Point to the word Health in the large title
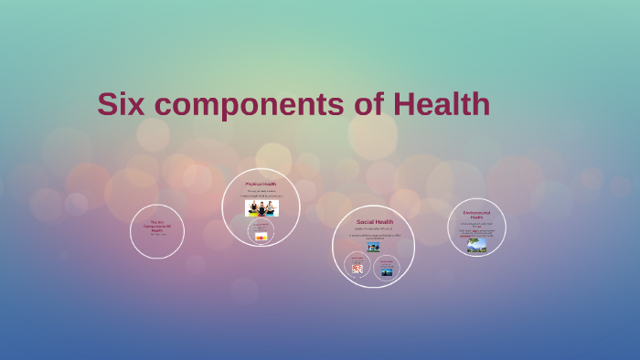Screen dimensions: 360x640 pos(442,104)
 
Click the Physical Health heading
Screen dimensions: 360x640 pos(261,184)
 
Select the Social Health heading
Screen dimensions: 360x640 pos(374,222)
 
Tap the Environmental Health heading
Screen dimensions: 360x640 pos(476,215)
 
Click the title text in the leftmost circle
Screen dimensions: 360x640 pos(156,226)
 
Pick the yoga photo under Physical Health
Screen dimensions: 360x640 pos(261,208)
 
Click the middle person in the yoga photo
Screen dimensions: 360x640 pos(261,208)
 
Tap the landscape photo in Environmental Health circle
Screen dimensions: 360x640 pos(476,245)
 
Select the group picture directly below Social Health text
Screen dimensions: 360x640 pos(373,247)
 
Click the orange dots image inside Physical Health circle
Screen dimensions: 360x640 pos(261,238)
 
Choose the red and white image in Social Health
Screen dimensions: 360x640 pos(357,269)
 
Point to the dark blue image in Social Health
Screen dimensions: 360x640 pos(387,271)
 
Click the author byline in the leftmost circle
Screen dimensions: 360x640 pos(156,235)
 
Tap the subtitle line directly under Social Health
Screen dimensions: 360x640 pos(373,228)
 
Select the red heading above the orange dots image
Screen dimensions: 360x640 pos(261,225)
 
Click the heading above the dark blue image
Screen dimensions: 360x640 pos(387,261)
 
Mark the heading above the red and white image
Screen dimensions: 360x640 pos(357,259)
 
